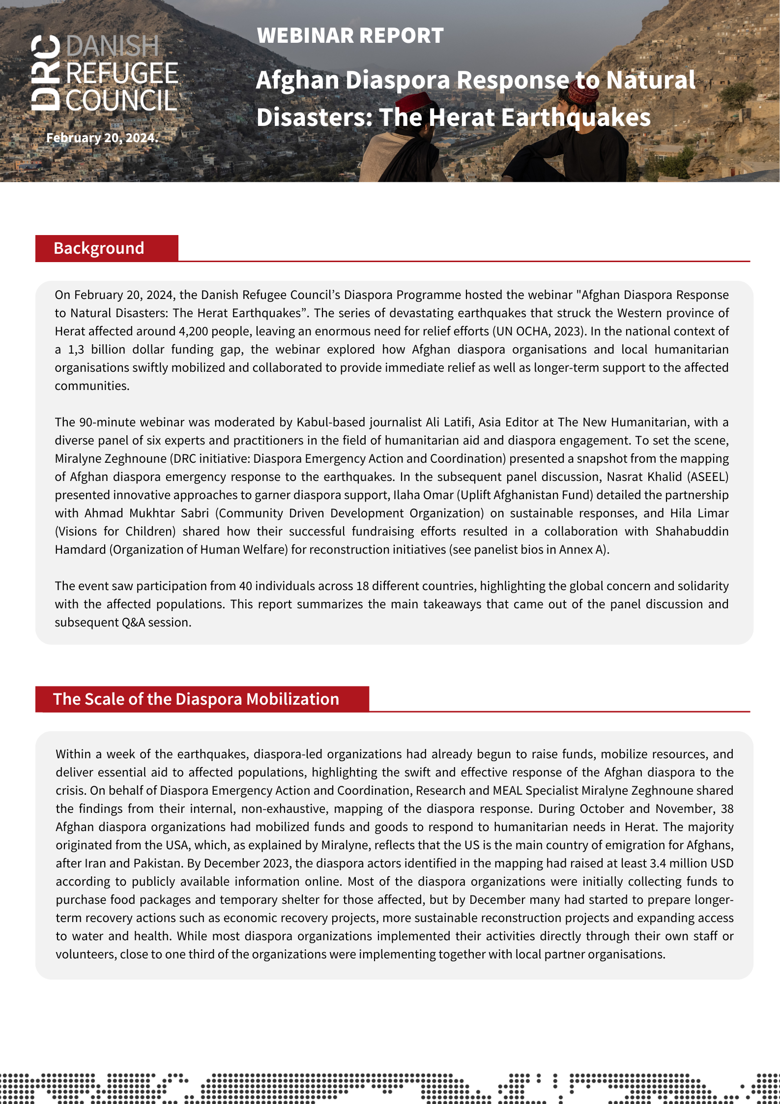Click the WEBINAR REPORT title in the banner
tap(350, 35)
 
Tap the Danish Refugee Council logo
tap(105, 73)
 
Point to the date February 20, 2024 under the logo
tap(102, 138)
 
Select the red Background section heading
tap(99, 248)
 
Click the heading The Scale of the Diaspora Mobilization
tap(196, 699)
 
